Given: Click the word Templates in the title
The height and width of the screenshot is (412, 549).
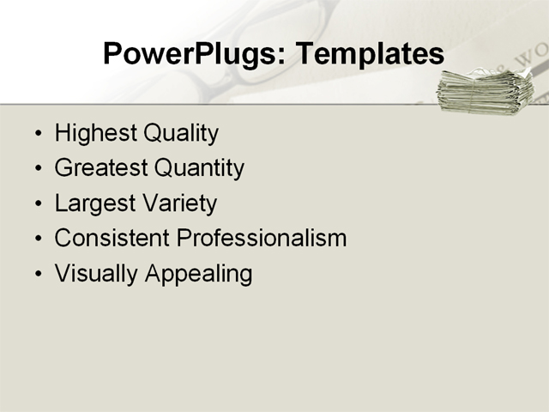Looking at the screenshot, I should click(x=369, y=54).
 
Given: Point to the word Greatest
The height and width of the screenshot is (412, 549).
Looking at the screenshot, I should click(x=99, y=168).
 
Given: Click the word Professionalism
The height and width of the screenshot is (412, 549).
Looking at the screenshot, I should click(x=261, y=239).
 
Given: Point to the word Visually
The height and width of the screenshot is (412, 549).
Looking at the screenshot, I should click(x=96, y=275).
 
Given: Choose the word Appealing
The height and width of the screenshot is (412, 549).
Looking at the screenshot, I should click(x=198, y=275).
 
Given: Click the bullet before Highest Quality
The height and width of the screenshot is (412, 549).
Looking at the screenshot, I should click(x=37, y=136).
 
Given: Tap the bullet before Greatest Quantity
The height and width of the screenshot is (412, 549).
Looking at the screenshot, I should click(x=37, y=170).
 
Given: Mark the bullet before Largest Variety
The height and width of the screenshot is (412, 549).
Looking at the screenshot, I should click(x=37, y=205).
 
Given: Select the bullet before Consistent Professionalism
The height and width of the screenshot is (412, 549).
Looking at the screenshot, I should click(x=37, y=239).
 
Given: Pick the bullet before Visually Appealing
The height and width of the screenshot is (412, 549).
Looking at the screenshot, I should click(x=37, y=276).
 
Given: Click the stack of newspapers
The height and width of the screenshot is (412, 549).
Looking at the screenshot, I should click(x=484, y=91).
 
